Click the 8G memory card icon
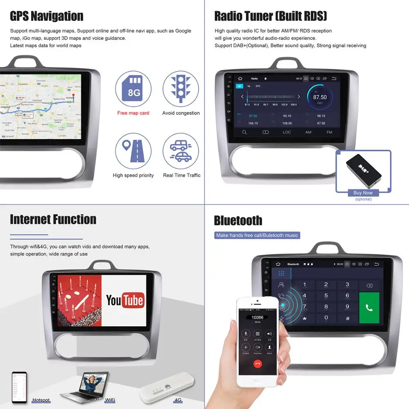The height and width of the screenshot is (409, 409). pos(133,89)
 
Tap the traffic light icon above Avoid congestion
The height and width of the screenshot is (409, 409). pos(181,89)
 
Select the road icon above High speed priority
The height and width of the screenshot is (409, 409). pos(133,151)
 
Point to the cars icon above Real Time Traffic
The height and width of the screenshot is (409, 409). pos(181,151)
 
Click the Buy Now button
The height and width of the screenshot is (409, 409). pos(363,193)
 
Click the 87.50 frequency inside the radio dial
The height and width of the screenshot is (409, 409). pos(320,97)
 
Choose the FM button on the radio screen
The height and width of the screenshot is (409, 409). pos(329,132)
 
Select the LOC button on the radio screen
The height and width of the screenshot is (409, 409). pos(287,132)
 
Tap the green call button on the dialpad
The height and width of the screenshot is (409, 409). pos(369,308)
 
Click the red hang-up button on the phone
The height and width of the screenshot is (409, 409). pos(257,362)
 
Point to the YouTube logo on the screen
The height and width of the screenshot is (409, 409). pos(125,301)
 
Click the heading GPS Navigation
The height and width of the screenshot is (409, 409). pos(47,16)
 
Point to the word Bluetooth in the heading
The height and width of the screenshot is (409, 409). pos(238,220)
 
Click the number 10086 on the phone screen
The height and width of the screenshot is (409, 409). pos(257,317)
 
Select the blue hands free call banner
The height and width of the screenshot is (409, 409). pos(257,235)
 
